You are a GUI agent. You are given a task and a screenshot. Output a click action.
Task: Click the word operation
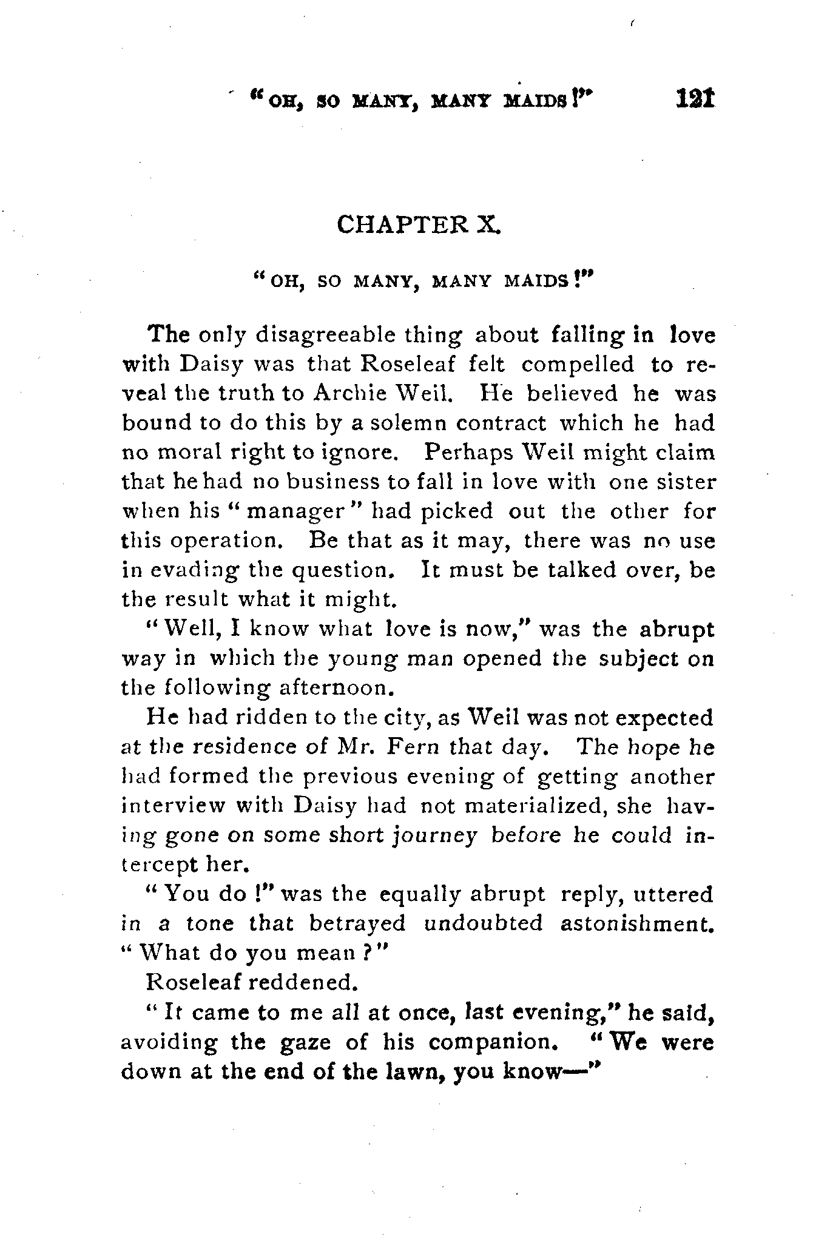point(227,541)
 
